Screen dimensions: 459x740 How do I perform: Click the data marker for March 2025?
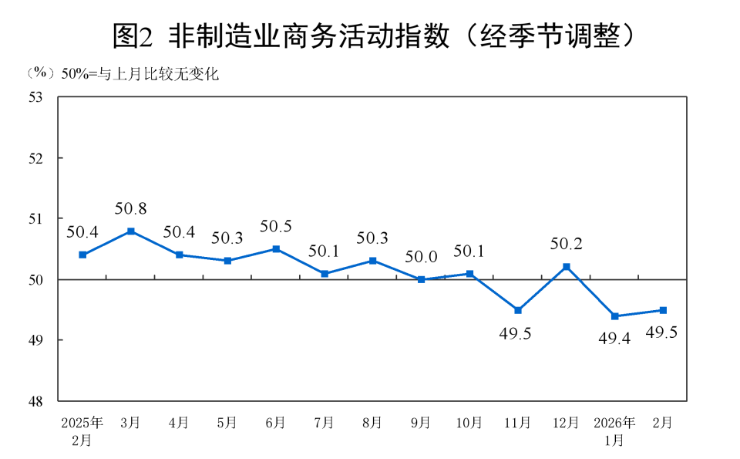coord(131,231)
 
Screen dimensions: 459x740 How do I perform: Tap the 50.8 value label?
coord(131,208)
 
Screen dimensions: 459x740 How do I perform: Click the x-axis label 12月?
coord(566,423)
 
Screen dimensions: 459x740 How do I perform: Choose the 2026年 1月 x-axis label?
coord(614,431)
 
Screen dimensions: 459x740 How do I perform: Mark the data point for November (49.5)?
coord(518,310)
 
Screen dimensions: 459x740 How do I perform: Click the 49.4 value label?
coord(614,337)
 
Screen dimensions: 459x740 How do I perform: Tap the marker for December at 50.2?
coord(567,267)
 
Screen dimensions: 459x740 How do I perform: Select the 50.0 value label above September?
coord(421,257)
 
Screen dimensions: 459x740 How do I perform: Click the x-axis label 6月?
coord(275,423)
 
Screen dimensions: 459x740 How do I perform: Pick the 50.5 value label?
coord(275,226)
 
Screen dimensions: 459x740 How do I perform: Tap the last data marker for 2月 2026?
coord(663,310)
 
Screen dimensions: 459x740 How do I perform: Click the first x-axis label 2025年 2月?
coord(82,431)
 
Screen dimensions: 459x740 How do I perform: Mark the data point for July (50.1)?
coord(325,273)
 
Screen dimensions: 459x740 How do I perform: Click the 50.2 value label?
coord(566,245)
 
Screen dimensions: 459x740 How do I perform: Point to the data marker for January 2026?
coord(614,316)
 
